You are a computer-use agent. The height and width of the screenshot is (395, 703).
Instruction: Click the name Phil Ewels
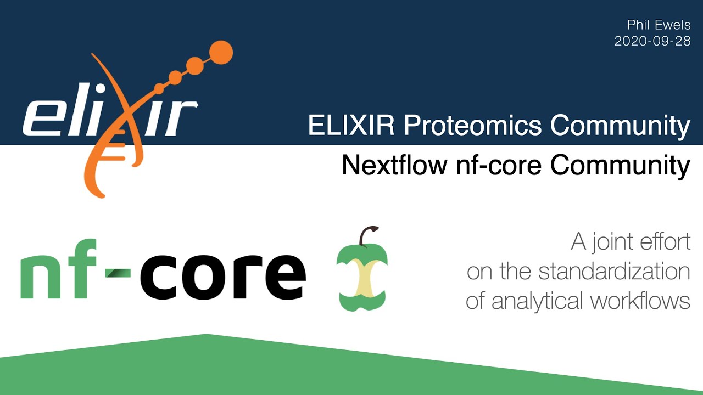pyautogui.click(x=659, y=25)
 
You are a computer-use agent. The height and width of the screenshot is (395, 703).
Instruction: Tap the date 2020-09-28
pyautogui.click(x=652, y=41)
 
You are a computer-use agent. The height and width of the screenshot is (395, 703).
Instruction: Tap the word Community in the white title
pyautogui.click(x=620, y=126)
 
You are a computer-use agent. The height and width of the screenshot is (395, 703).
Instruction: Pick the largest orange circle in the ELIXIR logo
pyautogui.click(x=221, y=52)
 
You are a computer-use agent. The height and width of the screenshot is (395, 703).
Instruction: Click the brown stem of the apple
pyautogui.click(x=365, y=235)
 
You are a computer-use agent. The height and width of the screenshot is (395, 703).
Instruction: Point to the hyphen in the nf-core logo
pyautogui.click(x=117, y=269)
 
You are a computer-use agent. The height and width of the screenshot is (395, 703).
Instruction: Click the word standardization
pyautogui.click(x=614, y=272)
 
